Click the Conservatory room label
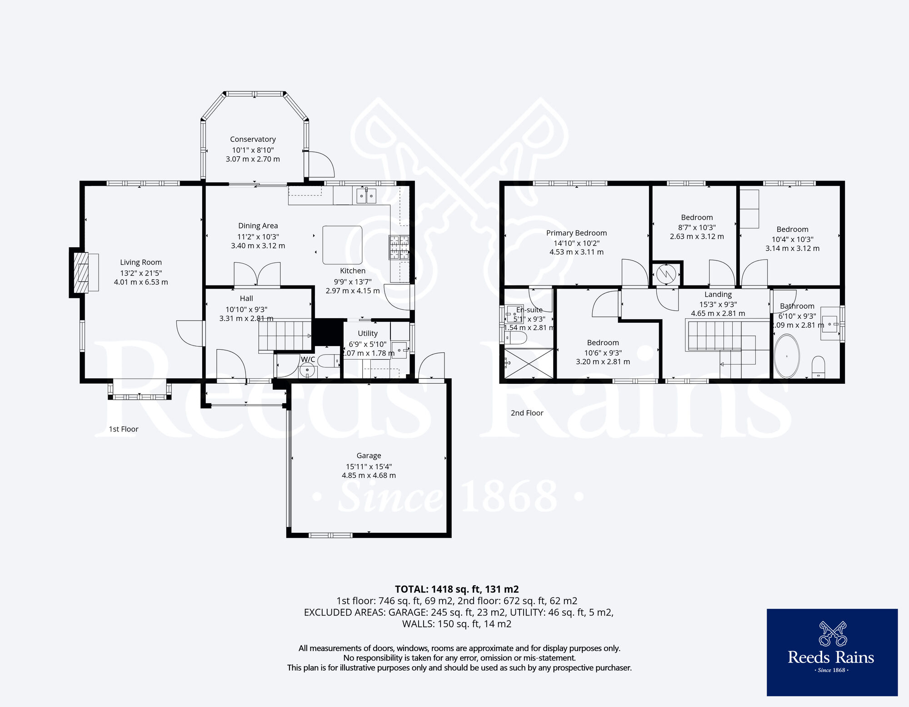click(x=253, y=139)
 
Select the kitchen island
click(x=342, y=245)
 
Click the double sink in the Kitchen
click(x=366, y=196)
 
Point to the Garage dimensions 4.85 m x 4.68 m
click(x=369, y=476)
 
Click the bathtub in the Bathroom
click(x=787, y=357)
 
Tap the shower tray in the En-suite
click(x=529, y=363)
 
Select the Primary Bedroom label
click(x=576, y=233)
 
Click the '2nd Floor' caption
click(x=527, y=413)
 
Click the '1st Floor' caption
click(x=124, y=429)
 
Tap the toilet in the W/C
click(x=328, y=361)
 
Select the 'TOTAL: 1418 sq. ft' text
click(x=456, y=589)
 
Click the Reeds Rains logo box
click(x=832, y=652)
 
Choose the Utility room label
click(x=367, y=333)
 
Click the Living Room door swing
click(x=190, y=334)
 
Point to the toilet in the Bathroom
click(x=818, y=367)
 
